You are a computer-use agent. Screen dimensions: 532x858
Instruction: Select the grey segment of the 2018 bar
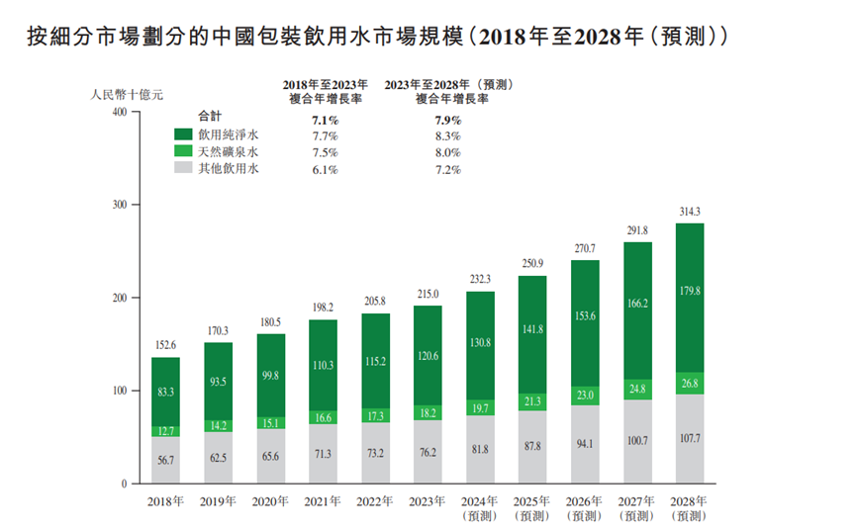coord(165,459)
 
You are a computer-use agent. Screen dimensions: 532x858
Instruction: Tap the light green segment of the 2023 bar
coord(428,412)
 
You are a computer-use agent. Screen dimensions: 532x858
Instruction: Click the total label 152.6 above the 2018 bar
coord(165,345)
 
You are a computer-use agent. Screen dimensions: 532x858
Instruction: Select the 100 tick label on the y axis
coord(117,391)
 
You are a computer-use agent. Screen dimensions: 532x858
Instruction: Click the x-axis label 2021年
coord(323,500)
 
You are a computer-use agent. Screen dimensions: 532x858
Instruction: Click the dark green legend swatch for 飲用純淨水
coord(183,134)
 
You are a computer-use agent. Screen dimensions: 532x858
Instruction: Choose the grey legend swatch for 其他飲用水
coord(183,169)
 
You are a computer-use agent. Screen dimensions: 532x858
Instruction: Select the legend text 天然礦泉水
coord(229,152)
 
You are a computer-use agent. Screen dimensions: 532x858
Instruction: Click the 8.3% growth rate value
coord(447,135)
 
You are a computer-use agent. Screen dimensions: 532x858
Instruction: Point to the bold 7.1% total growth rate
coord(325,119)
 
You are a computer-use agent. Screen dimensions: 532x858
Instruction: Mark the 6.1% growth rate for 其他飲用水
coord(325,170)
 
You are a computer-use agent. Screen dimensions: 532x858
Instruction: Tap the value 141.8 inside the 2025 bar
coord(532,329)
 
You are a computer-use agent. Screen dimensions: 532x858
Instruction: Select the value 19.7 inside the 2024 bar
coord(480,407)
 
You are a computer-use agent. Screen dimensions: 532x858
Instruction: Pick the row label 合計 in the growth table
coord(211,117)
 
